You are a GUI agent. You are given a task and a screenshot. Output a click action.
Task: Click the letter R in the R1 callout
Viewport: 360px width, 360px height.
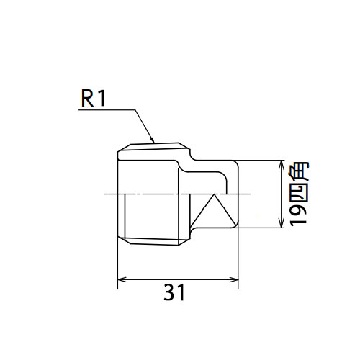[x=87, y=99]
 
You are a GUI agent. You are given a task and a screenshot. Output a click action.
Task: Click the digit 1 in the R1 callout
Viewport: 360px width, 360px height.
[x=102, y=99]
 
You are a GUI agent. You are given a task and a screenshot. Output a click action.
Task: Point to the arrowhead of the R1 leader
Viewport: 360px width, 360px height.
[x=152, y=140]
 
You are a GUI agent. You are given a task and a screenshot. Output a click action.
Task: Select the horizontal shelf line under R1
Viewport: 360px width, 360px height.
[x=107, y=110]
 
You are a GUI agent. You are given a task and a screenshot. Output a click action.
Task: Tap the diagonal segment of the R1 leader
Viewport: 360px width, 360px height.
[x=145, y=126]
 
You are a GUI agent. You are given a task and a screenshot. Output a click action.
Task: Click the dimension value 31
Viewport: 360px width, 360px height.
[x=174, y=292]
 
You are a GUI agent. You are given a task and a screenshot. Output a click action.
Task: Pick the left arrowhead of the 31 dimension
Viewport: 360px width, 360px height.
[x=122, y=279]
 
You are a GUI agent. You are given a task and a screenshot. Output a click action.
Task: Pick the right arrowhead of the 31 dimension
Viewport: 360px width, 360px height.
[x=234, y=279]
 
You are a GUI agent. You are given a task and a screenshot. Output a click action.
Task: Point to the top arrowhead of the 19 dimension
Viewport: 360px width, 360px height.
[x=281, y=165]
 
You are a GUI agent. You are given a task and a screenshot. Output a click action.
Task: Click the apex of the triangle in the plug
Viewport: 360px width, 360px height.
[x=214, y=194]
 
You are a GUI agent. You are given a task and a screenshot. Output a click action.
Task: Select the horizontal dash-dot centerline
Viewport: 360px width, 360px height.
[x=178, y=194]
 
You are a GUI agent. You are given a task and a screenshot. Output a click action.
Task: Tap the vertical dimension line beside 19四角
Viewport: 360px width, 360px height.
[x=281, y=194]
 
